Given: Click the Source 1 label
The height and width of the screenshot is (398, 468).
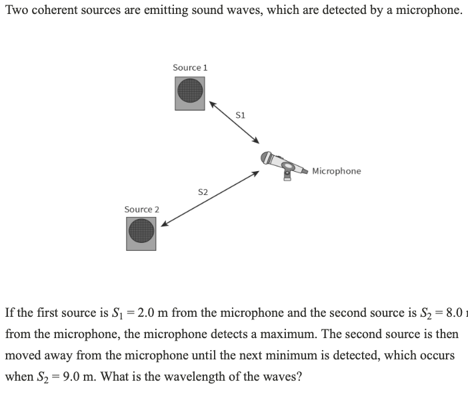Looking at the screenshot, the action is (x=190, y=67).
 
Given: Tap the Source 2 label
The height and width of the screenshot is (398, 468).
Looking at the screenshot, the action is (x=142, y=210).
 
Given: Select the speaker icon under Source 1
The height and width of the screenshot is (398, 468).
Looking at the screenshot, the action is (x=190, y=93).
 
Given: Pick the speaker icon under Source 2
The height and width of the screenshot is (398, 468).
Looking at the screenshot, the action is (x=141, y=234).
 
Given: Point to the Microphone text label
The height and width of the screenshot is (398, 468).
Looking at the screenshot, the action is (x=337, y=171).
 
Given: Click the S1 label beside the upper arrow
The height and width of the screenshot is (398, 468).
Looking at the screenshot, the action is (x=241, y=115).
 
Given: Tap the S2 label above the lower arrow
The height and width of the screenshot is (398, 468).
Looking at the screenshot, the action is (x=203, y=192).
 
